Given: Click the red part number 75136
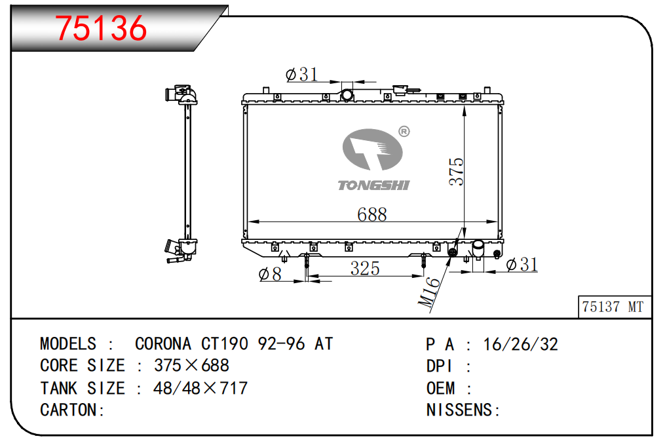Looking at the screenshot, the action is tap(101, 28).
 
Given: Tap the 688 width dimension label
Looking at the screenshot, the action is tap(372, 214).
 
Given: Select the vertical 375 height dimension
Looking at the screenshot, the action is tap(457, 171).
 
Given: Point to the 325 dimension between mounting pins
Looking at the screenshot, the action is tap(365, 269).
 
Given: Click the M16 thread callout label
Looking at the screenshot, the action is tap(429, 292).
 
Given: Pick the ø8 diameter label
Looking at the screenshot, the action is tap(270, 274).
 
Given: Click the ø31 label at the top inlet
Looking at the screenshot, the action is tap(301, 75).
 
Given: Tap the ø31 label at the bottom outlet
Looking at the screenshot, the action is tap(522, 265).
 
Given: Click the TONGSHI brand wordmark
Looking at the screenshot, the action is tap(373, 185).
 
